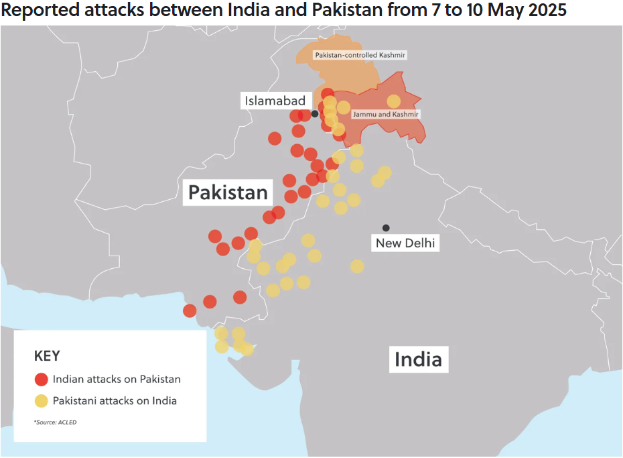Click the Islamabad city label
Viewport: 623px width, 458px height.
tap(275, 101)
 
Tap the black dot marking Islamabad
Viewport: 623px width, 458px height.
tap(315, 113)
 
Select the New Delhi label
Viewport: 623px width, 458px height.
tap(405, 243)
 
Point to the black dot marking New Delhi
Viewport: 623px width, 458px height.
tap(386, 228)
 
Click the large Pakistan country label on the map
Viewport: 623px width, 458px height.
tap(228, 193)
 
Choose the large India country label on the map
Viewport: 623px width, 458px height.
tap(418, 359)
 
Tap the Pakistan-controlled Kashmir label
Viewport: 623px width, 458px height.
tap(360, 54)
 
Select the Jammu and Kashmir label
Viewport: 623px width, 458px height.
tap(385, 115)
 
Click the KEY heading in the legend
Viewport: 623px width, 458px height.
tap(47, 356)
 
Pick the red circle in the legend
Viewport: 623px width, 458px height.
tap(42, 379)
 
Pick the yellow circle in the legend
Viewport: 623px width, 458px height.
tap(42, 401)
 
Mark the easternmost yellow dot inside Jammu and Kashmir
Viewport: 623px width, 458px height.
tap(394, 101)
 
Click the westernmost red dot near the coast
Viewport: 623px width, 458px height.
tap(190, 310)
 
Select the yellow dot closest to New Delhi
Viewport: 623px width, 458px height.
tap(357, 266)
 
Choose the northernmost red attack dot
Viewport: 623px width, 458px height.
tap(327, 94)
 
